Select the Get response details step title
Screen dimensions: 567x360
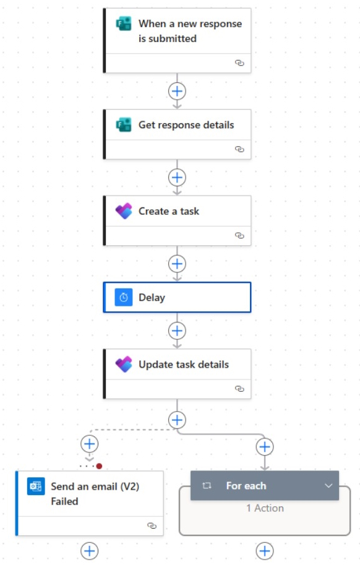pos(186,125)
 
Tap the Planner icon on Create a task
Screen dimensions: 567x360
pos(124,211)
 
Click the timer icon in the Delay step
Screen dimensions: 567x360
pos(124,298)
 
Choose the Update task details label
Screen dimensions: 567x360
pos(184,365)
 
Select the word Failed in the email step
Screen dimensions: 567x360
pos(64,501)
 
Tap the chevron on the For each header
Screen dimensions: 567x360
pos(328,486)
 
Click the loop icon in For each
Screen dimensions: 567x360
pos(208,486)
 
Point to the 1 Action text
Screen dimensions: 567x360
pos(265,508)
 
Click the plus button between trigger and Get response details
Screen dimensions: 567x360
pos(178,91)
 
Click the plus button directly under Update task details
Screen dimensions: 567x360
pos(178,420)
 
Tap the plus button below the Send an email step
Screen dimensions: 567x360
pos(90,550)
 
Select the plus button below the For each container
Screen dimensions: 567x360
pos(265,550)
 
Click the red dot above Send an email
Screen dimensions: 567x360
pos(99,466)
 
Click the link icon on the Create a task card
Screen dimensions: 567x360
pos(239,235)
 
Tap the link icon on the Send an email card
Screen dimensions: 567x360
pos(152,526)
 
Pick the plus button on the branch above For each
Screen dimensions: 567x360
pos(265,446)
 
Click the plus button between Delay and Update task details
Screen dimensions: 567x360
pos(178,331)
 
